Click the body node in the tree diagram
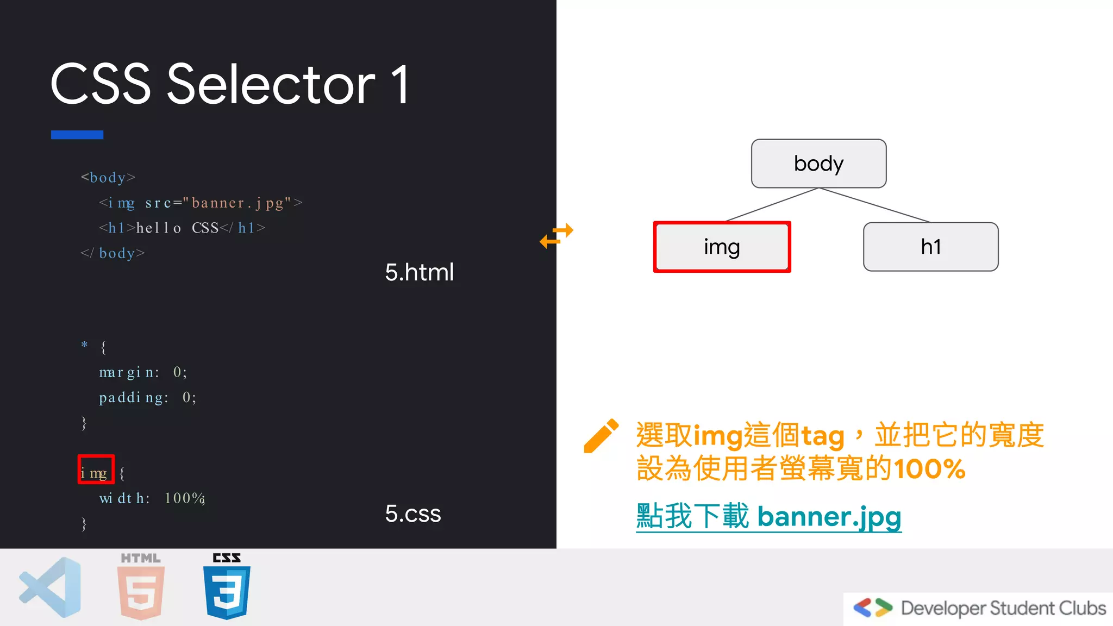click(x=818, y=164)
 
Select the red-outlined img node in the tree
click(x=722, y=247)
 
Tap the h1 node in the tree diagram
click(x=930, y=247)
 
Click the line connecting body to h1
click(x=874, y=205)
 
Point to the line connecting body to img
click(x=772, y=205)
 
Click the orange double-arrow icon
click(x=556, y=236)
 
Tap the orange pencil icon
click(x=601, y=436)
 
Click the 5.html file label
click(x=419, y=272)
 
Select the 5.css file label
click(x=413, y=514)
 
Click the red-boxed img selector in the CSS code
click(x=96, y=469)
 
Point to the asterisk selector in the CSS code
click(x=84, y=345)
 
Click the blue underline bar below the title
click(x=77, y=135)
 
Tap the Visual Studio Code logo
click(x=51, y=587)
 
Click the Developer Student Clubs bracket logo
click(x=873, y=608)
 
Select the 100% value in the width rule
click(x=184, y=498)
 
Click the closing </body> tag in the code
click(x=112, y=253)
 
